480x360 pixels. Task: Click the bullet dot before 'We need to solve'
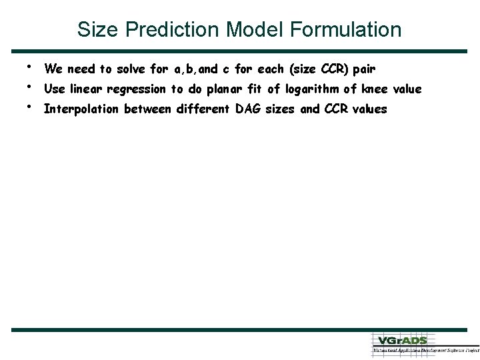click(30, 66)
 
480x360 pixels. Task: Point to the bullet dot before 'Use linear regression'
click(30, 86)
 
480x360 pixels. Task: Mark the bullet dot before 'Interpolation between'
click(30, 106)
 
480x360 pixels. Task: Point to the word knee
click(375, 89)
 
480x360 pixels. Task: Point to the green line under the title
click(240, 51)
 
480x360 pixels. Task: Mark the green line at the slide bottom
click(240, 329)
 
